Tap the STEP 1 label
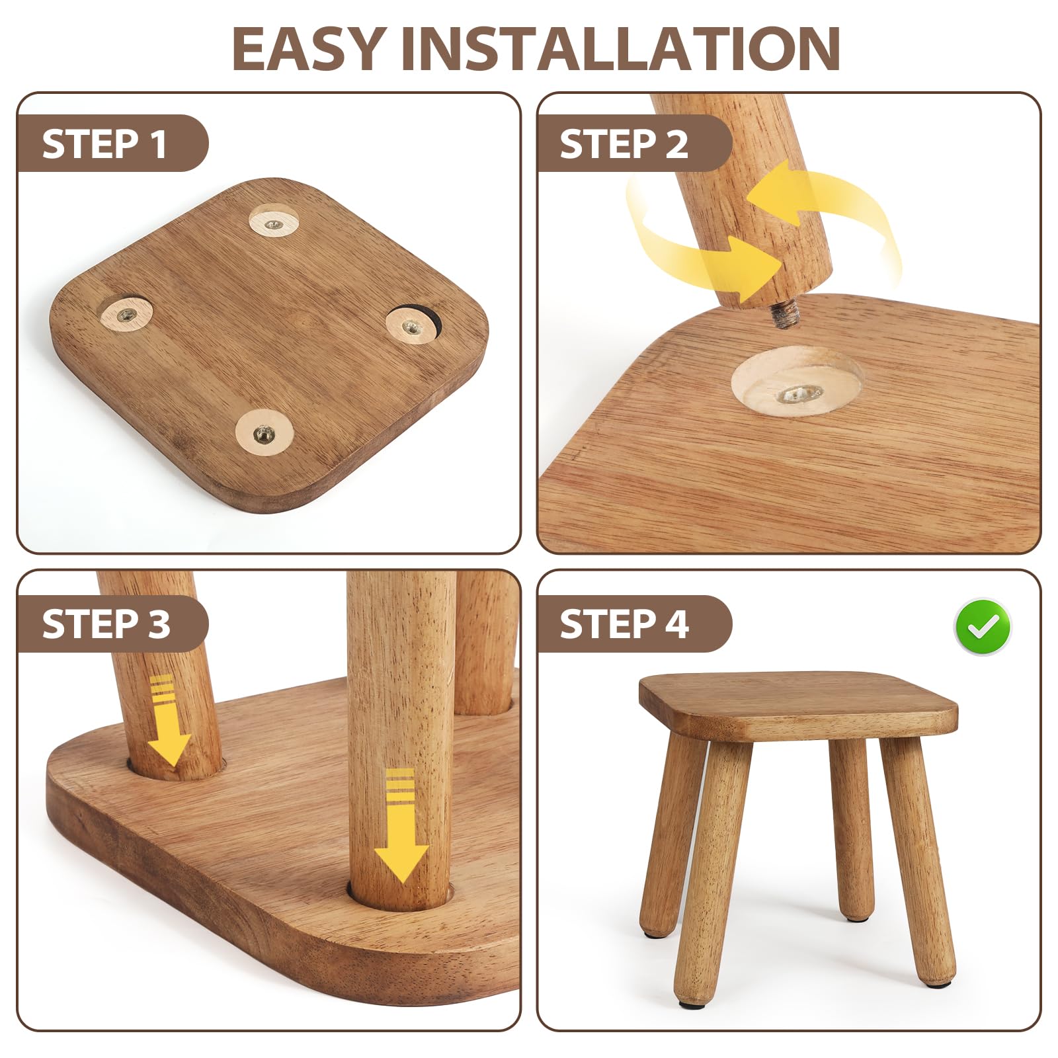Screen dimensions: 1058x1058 pyautogui.click(x=104, y=143)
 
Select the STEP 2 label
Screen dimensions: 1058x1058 pyautogui.click(x=624, y=143)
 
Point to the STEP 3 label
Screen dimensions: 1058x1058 pyautogui.click(x=106, y=624)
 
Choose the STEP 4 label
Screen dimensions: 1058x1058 pyautogui.click(x=624, y=624)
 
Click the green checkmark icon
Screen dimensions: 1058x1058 pyautogui.click(x=983, y=627)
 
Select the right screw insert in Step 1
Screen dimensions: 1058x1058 pyautogui.click(x=413, y=325)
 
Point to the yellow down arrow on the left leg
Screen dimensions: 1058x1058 pyautogui.click(x=169, y=721)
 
